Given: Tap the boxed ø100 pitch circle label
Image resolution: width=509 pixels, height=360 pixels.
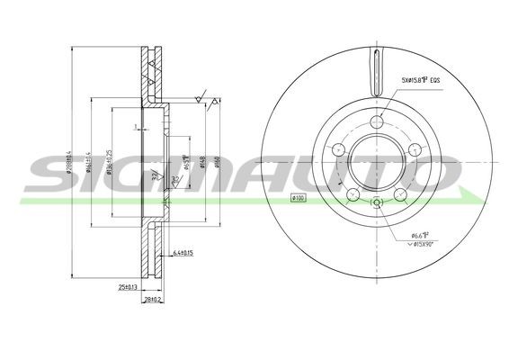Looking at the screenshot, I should (x=298, y=198).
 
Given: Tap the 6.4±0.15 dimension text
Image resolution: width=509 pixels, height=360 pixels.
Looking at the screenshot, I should (x=184, y=252).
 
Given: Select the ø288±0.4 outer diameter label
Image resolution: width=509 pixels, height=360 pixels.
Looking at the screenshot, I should (x=68, y=162).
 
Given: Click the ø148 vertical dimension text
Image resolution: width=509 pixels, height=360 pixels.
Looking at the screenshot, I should (x=203, y=162).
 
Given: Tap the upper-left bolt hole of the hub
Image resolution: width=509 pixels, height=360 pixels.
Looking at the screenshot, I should (x=339, y=149).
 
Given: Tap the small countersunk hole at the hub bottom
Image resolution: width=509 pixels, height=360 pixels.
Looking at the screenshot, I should (x=376, y=205).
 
